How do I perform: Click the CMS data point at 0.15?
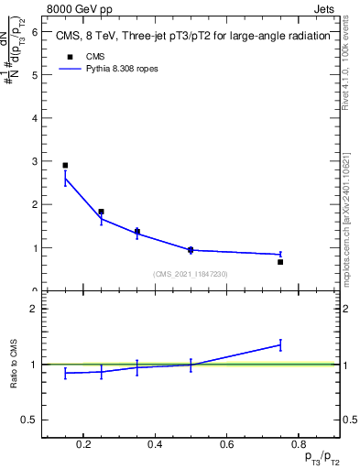(x=65, y=166)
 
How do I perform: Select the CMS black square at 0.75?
(x=280, y=262)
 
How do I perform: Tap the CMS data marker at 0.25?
(x=101, y=212)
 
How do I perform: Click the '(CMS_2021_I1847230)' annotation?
(x=191, y=274)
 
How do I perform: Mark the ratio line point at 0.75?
(x=280, y=344)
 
